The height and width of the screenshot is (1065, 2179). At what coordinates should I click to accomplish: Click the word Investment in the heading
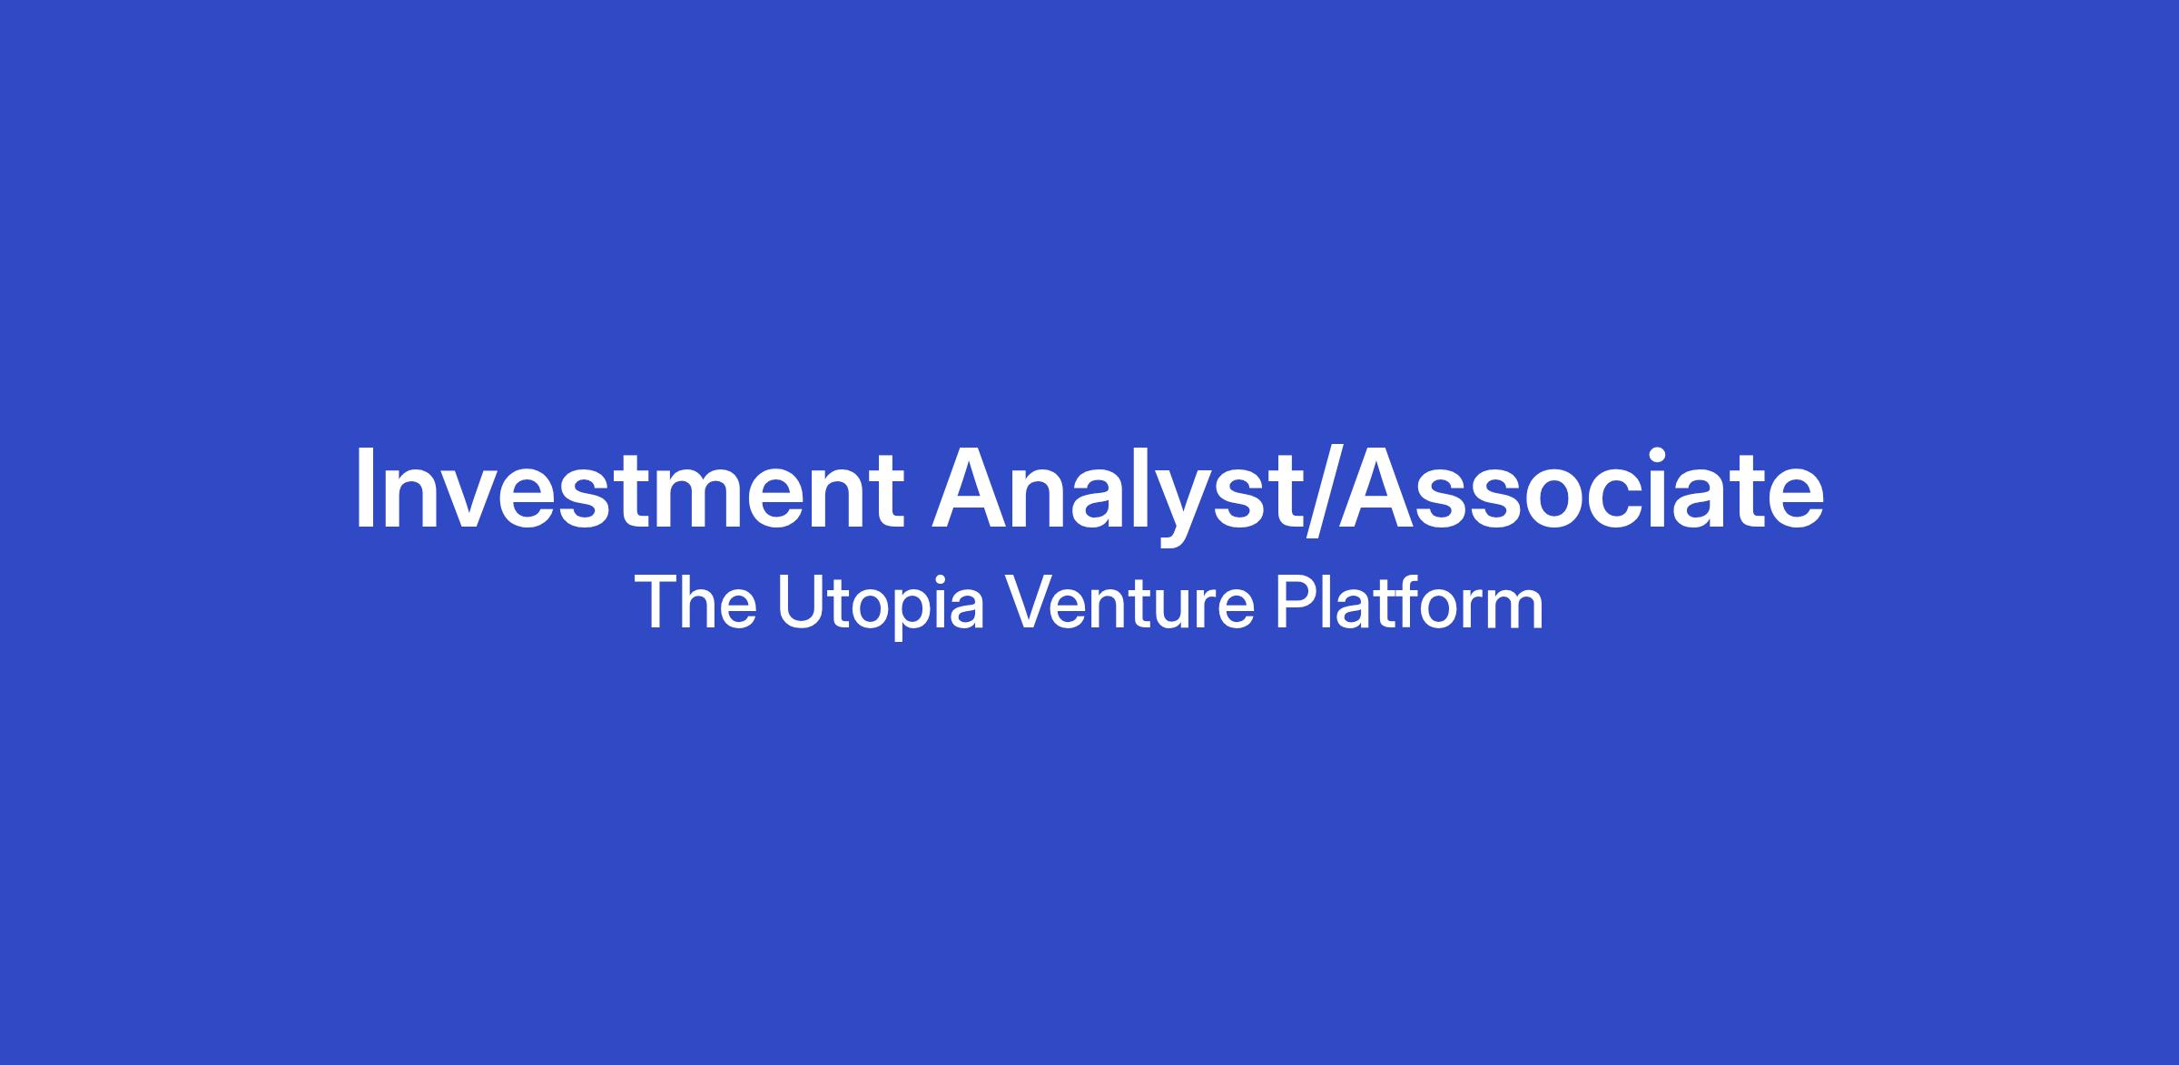629,488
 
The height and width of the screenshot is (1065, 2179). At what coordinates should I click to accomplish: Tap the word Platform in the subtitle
1408,601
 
